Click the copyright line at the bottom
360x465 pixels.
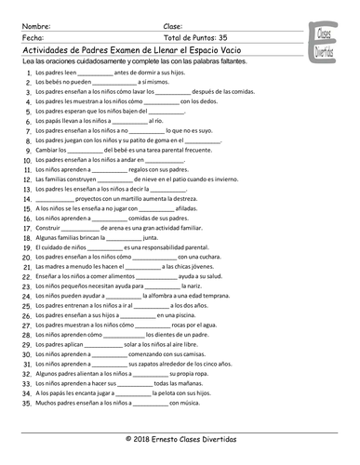coord(180,437)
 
